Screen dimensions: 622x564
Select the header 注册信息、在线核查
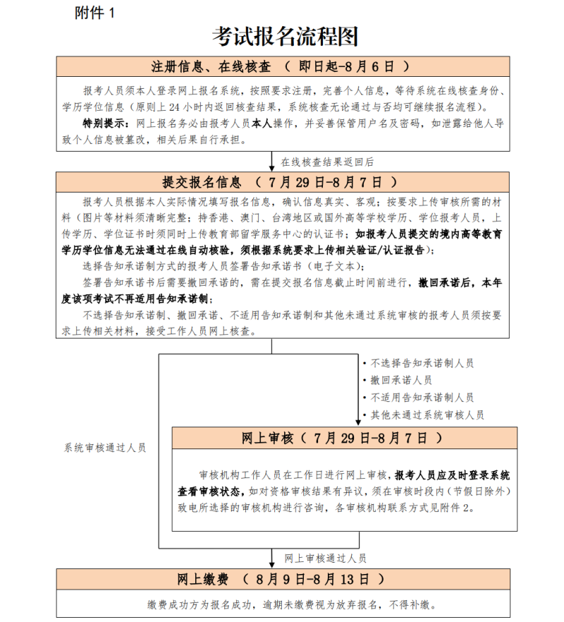[x=211, y=67]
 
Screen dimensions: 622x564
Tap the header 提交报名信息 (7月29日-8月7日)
[x=283, y=182]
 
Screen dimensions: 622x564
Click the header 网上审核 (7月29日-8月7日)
[x=344, y=438]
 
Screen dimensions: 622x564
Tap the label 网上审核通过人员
[x=325, y=558]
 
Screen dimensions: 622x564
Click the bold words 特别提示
[x=104, y=123]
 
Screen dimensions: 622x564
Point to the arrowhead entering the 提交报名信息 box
[x=272, y=167]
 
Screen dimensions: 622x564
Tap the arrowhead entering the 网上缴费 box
[x=272, y=563]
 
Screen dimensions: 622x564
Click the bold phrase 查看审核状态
[x=212, y=489]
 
